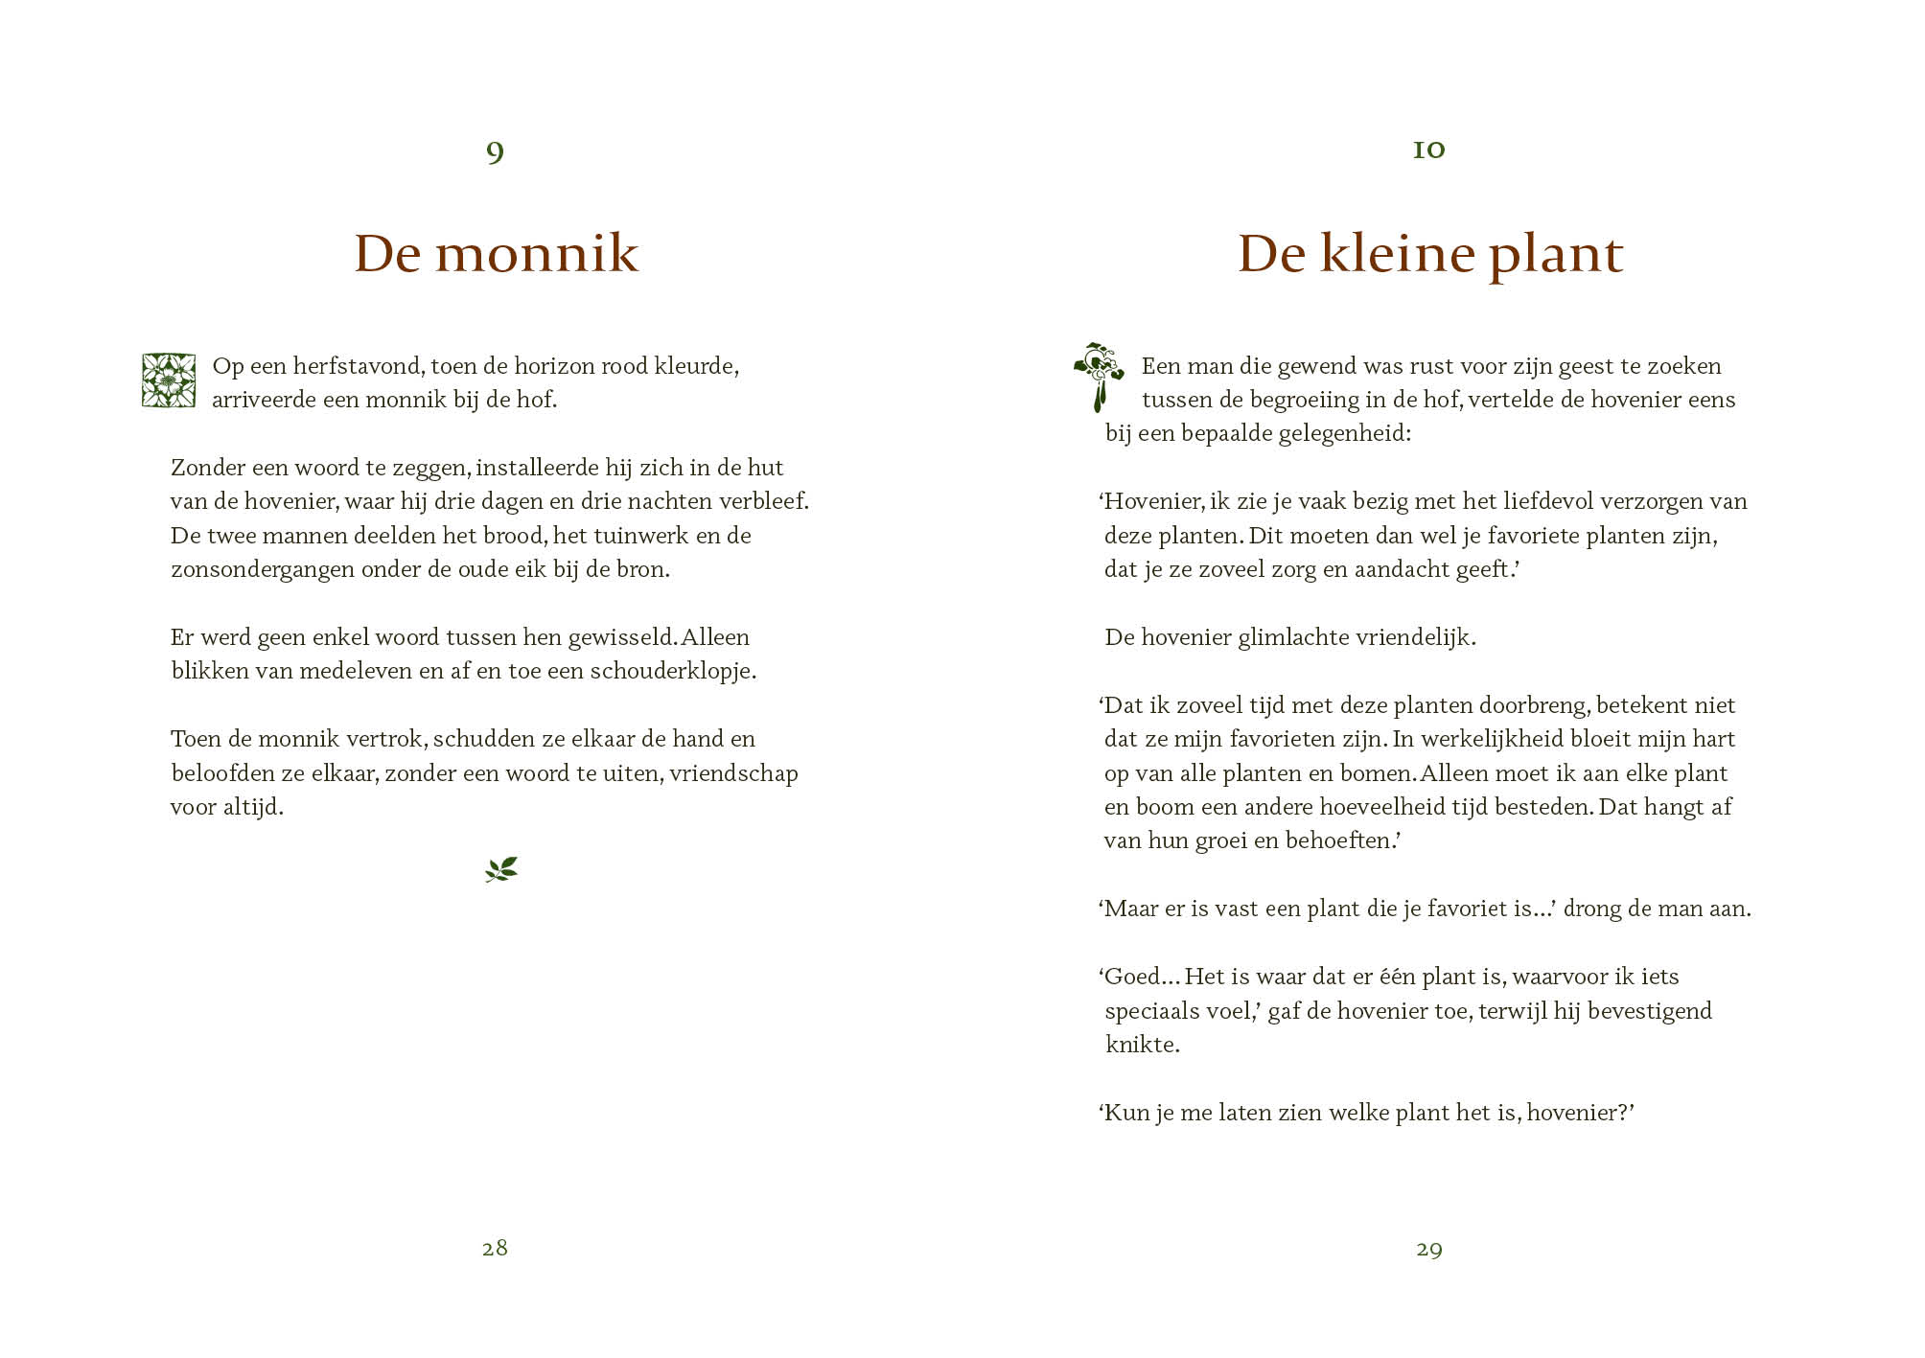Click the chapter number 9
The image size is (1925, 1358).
pos(495,151)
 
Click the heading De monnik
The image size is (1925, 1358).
pos(496,254)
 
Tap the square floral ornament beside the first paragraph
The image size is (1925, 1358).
pos(169,380)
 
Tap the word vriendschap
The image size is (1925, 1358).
pos(733,773)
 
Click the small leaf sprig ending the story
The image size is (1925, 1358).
pos(500,869)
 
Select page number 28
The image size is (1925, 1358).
pos(495,1248)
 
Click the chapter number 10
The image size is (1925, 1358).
pos(1428,150)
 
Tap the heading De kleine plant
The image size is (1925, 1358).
pos(1429,254)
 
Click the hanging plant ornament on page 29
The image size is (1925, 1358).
pos(1099,376)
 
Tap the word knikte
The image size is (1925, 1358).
pos(1142,1045)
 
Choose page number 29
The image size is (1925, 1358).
pos(1428,1249)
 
